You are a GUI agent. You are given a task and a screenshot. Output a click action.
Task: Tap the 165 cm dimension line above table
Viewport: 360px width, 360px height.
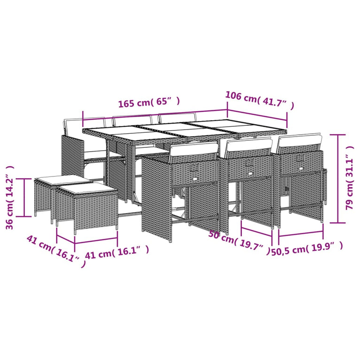pos(155,114)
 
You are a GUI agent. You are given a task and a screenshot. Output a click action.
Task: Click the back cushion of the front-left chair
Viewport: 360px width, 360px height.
pos(193,150)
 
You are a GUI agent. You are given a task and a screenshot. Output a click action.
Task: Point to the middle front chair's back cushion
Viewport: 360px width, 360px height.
pos(248,146)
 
